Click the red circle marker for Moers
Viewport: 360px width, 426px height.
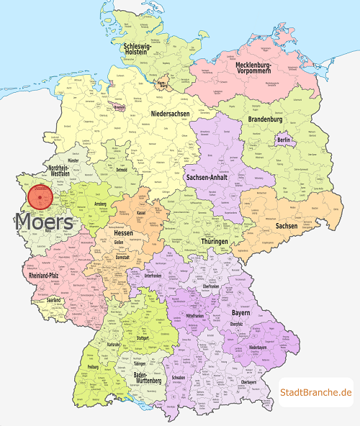click(x=40, y=196)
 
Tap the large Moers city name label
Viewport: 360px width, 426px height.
click(x=44, y=222)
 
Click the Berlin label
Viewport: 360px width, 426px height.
click(x=284, y=140)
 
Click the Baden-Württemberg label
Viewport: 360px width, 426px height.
click(x=150, y=378)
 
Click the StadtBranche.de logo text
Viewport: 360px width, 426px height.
click(x=315, y=392)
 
